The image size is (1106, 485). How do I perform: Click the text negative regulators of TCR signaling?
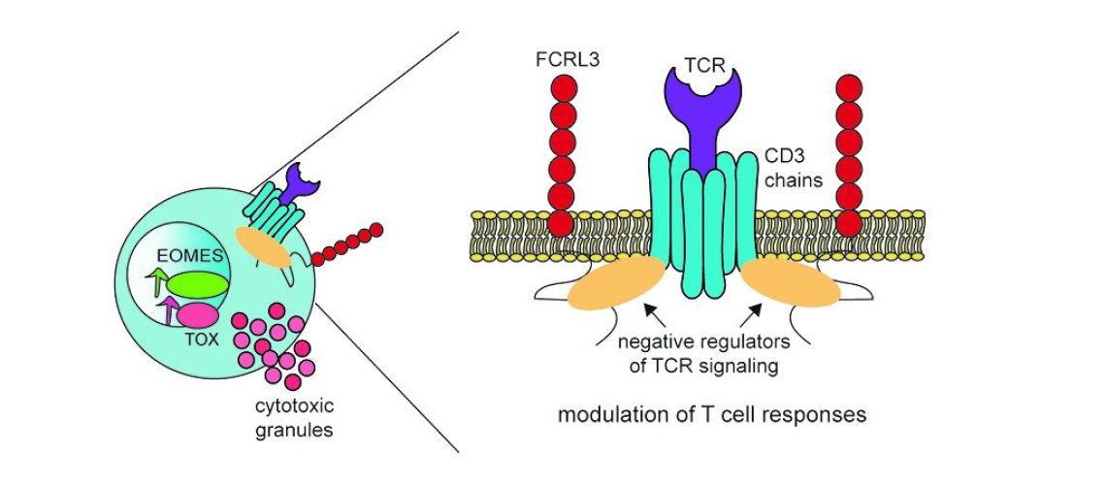[705, 355]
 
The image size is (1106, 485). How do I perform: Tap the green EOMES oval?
[196, 283]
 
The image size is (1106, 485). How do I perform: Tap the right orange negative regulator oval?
[792, 286]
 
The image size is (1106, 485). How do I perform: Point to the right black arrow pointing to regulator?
[752, 314]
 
